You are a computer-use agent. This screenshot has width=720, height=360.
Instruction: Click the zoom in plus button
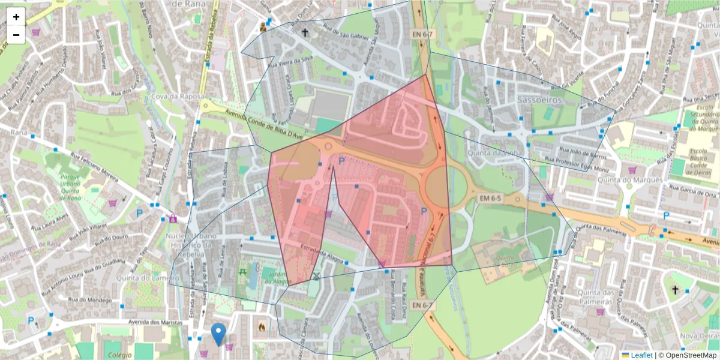tap(16, 17)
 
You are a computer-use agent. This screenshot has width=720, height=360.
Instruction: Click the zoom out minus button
tap(16, 35)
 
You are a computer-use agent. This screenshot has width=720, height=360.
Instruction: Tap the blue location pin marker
tap(219, 334)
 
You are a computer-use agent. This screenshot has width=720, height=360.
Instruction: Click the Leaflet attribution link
tap(641, 355)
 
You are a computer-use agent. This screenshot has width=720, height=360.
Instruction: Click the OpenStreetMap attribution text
tap(687, 355)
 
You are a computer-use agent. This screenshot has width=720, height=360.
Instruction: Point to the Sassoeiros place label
tap(539, 100)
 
